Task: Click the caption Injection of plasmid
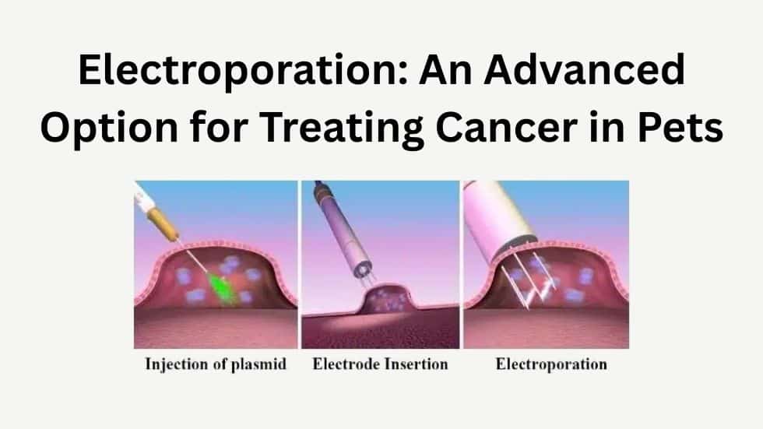click(x=216, y=364)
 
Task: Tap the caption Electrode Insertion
click(x=380, y=364)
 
